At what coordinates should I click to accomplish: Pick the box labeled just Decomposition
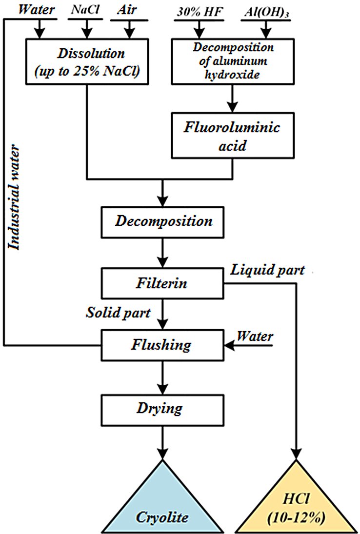[x=164, y=221]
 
